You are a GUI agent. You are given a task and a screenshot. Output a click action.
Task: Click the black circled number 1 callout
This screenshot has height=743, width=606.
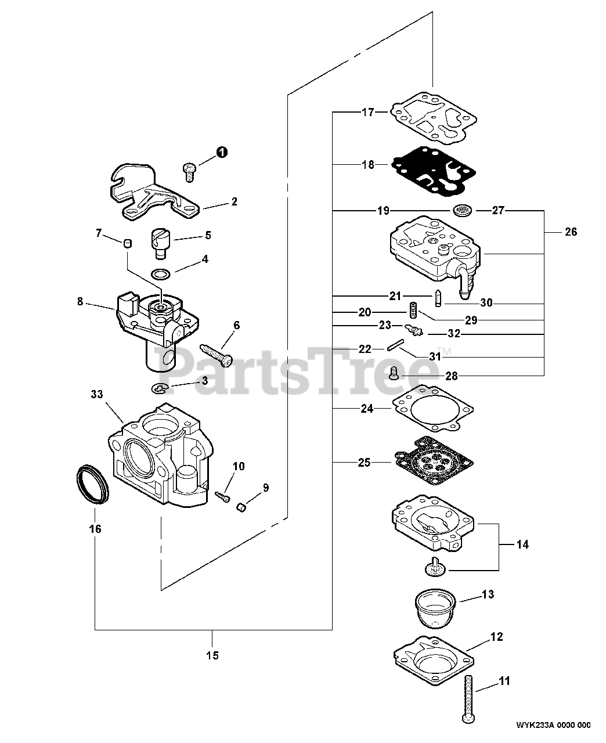tap(222, 152)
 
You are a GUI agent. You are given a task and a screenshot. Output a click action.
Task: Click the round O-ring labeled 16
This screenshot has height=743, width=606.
tap(92, 483)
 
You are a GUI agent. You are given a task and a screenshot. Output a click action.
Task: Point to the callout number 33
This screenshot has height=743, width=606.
tap(96, 394)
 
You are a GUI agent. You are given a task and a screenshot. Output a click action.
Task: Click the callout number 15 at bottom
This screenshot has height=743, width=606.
tap(212, 655)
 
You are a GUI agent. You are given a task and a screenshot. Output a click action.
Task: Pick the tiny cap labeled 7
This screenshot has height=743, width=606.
tap(128, 243)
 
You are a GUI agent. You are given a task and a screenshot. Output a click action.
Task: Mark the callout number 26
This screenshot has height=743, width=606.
tap(571, 232)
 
